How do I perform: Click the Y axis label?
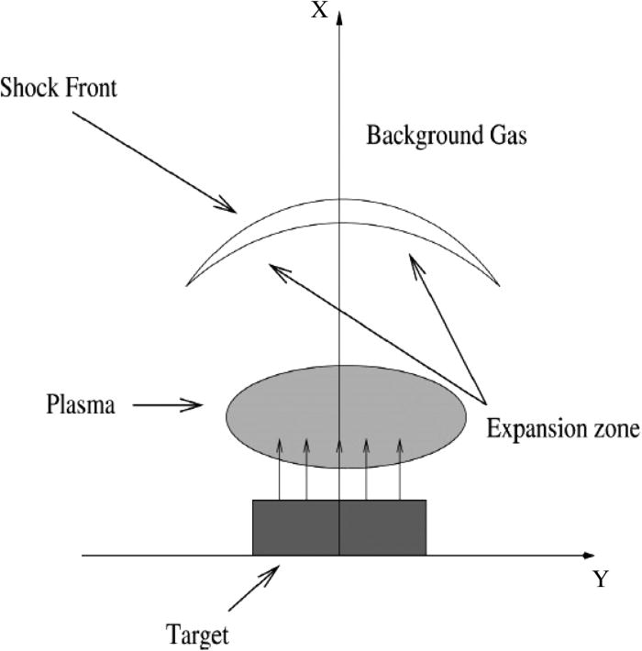point(601,579)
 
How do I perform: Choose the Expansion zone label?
point(562,428)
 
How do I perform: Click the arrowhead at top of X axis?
point(340,17)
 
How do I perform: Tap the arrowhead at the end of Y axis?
point(588,556)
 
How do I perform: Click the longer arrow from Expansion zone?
point(376,331)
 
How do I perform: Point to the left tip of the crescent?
point(186,281)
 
